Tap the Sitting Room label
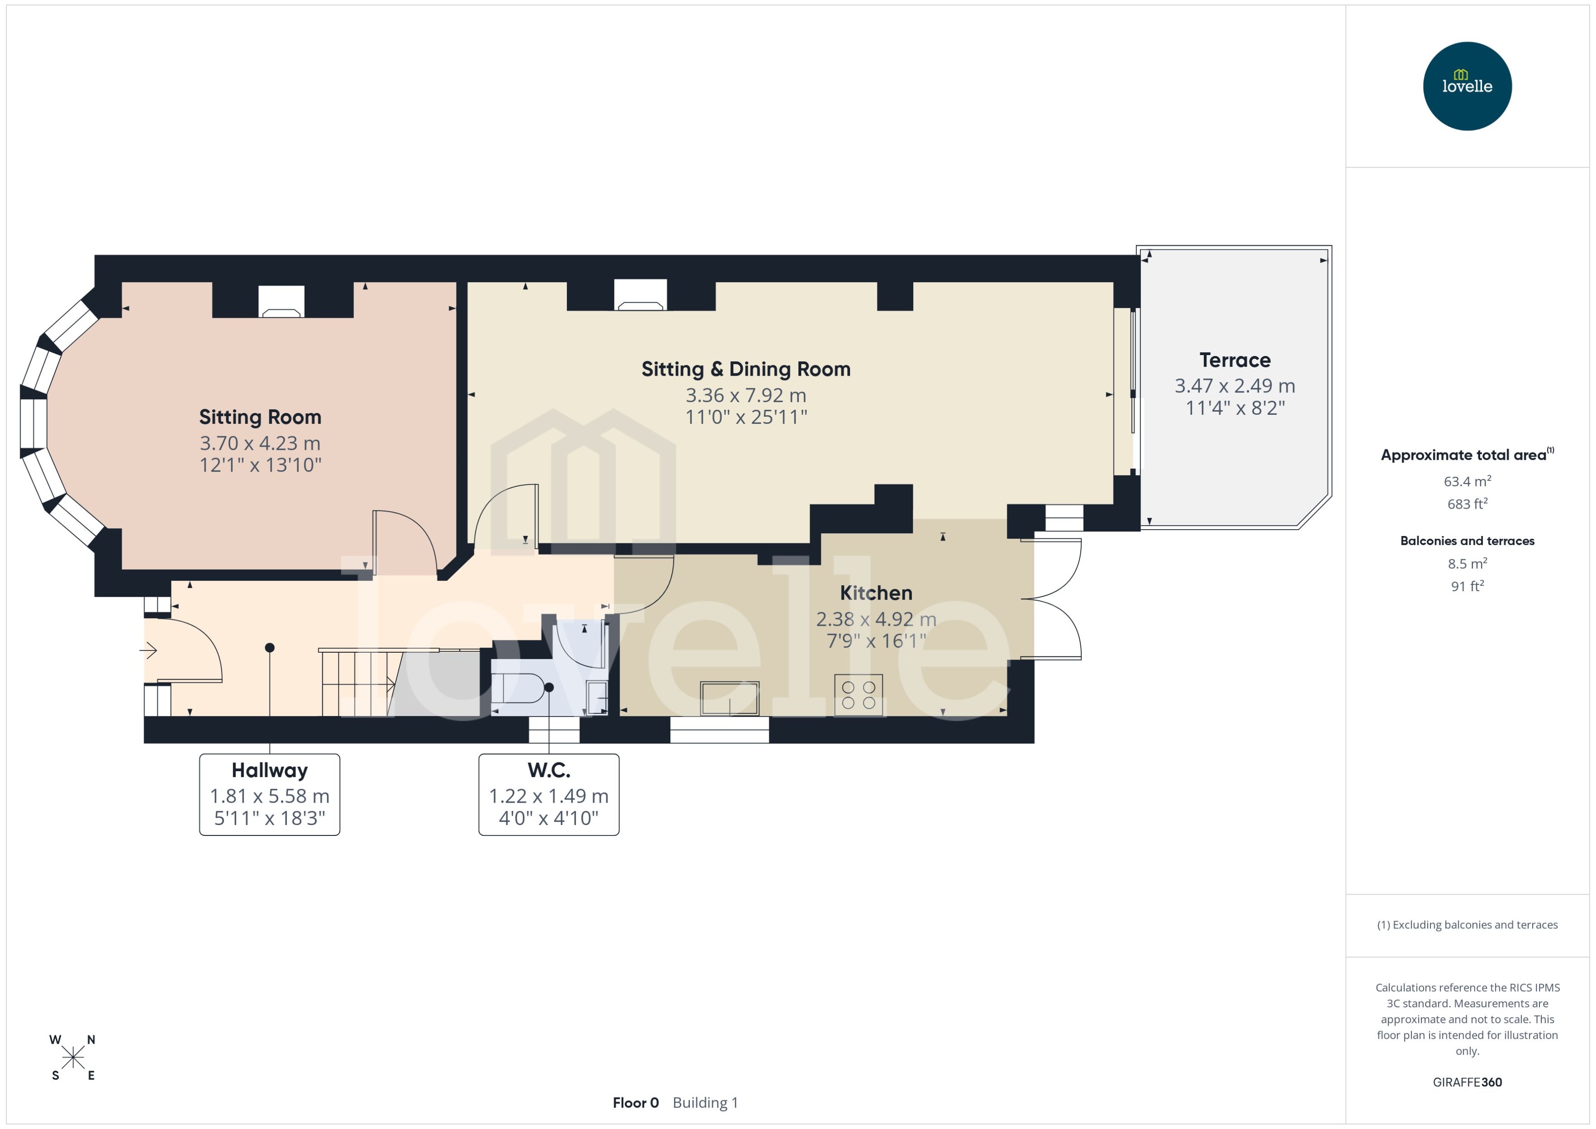coord(260,417)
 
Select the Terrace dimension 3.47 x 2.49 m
coord(1234,386)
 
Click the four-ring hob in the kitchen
coord(858,695)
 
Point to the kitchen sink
coord(730,697)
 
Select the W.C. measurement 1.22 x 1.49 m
coord(548,796)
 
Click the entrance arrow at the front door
coord(148,651)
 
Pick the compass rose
coord(73,1057)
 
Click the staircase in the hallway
coord(358,683)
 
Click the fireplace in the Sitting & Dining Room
coord(640,295)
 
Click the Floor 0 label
coord(635,1103)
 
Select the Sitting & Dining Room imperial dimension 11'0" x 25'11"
coord(746,417)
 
